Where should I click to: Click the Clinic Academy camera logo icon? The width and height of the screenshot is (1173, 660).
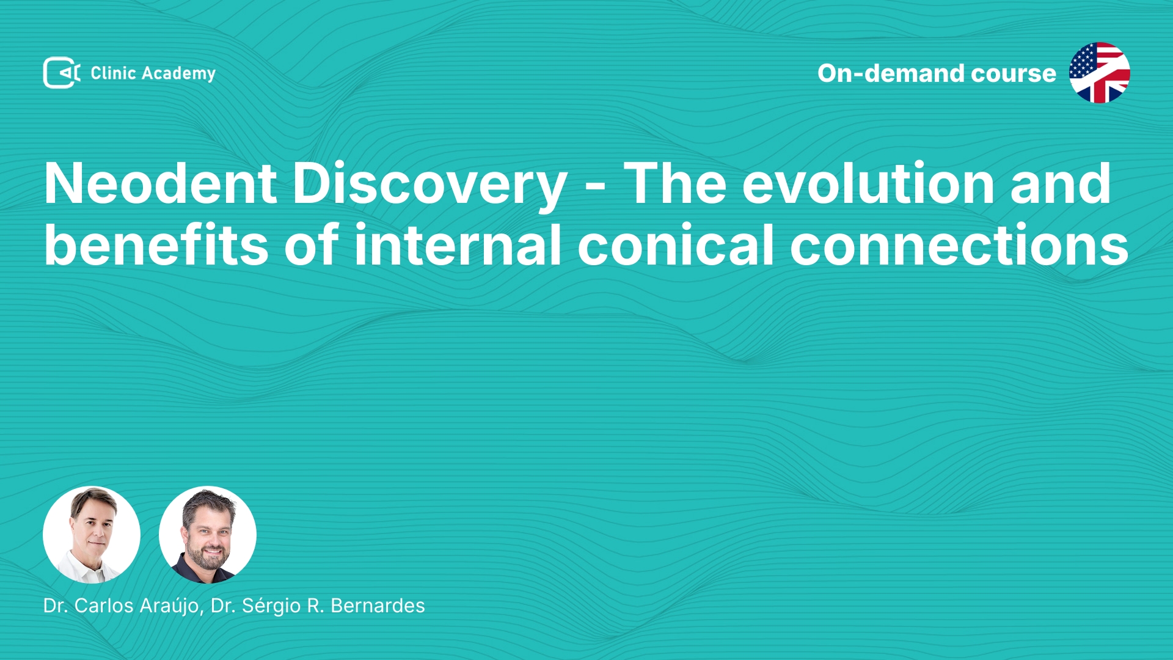tap(62, 73)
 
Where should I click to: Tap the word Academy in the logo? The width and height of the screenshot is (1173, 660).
tap(178, 74)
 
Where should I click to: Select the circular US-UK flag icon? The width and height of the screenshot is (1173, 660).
tap(1099, 73)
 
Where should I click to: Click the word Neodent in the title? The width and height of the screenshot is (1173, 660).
tap(160, 183)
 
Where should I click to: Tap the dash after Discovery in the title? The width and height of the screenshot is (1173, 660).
tap(596, 187)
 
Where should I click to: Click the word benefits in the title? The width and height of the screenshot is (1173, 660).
tap(156, 244)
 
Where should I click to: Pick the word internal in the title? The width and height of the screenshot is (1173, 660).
tap(458, 244)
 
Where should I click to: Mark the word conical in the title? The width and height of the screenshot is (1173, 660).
tap(676, 244)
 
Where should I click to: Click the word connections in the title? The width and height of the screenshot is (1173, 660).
tap(959, 244)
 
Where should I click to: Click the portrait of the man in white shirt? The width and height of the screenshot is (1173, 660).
tap(92, 535)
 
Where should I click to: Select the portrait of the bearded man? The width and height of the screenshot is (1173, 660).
tap(208, 535)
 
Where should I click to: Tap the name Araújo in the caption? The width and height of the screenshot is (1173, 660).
tap(169, 606)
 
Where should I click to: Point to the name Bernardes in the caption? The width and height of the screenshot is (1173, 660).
tap(378, 606)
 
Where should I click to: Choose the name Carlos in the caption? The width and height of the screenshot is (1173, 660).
tap(104, 606)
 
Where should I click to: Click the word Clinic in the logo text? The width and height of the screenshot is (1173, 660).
tap(113, 73)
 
